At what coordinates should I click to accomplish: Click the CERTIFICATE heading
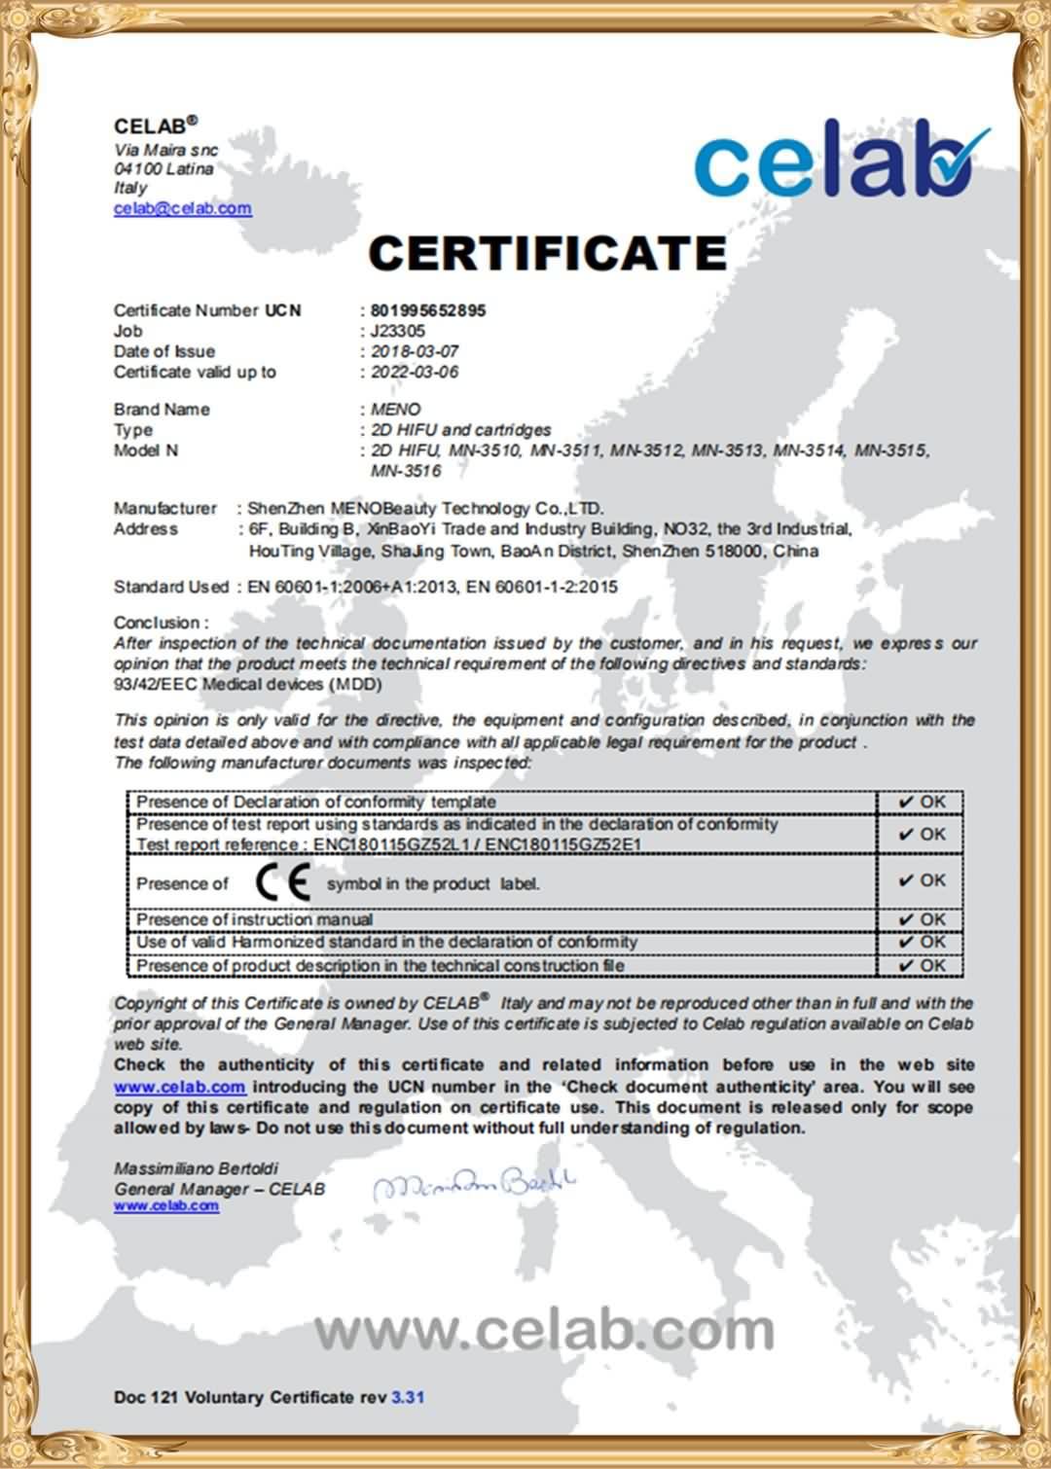click(x=547, y=253)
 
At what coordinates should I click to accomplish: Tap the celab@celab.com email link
click(x=183, y=208)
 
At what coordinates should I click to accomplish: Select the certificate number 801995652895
click(x=427, y=310)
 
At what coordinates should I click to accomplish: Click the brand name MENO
click(x=395, y=410)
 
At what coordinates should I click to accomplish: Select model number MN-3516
click(x=406, y=472)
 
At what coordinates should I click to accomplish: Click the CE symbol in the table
click(x=282, y=882)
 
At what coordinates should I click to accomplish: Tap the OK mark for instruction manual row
click(x=922, y=919)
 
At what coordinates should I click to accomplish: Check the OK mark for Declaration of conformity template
click(x=922, y=802)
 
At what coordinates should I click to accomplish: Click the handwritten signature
click(x=474, y=1184)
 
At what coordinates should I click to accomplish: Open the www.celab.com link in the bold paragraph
click(x=179, y=1087)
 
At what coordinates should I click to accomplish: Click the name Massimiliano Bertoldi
click(x=189, y=1167)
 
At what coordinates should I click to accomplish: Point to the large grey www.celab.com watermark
click(x=545, y=1330)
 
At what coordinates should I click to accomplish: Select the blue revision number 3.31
click(x=408, y=1397)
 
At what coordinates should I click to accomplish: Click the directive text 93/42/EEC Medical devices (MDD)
click(x=248, y=684)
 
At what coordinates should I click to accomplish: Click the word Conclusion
click(x=157, y=623)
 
